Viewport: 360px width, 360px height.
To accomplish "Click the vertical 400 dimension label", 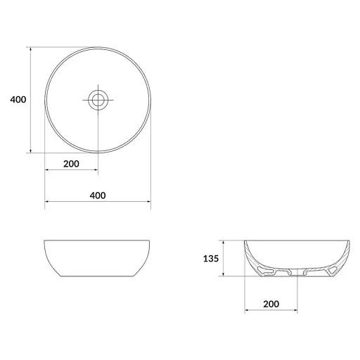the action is tap(18, 100).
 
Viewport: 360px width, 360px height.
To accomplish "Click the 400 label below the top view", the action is tap(98, 195).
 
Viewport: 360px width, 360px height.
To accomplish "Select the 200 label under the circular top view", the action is tap(71, 164).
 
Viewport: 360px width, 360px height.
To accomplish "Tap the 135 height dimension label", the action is tap(211, 259).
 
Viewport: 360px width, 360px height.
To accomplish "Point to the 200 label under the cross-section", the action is tap(271, 304).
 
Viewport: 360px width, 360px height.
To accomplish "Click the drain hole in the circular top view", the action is tap(98, 100).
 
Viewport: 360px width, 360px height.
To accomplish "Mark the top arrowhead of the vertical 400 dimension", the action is tap(30, 49).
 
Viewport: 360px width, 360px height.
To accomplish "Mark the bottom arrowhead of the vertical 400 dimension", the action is tap(30, 150).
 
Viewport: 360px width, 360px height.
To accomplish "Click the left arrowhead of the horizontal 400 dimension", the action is tap(46, 201).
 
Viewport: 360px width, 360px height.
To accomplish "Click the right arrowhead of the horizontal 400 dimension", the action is tap(148, 201).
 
